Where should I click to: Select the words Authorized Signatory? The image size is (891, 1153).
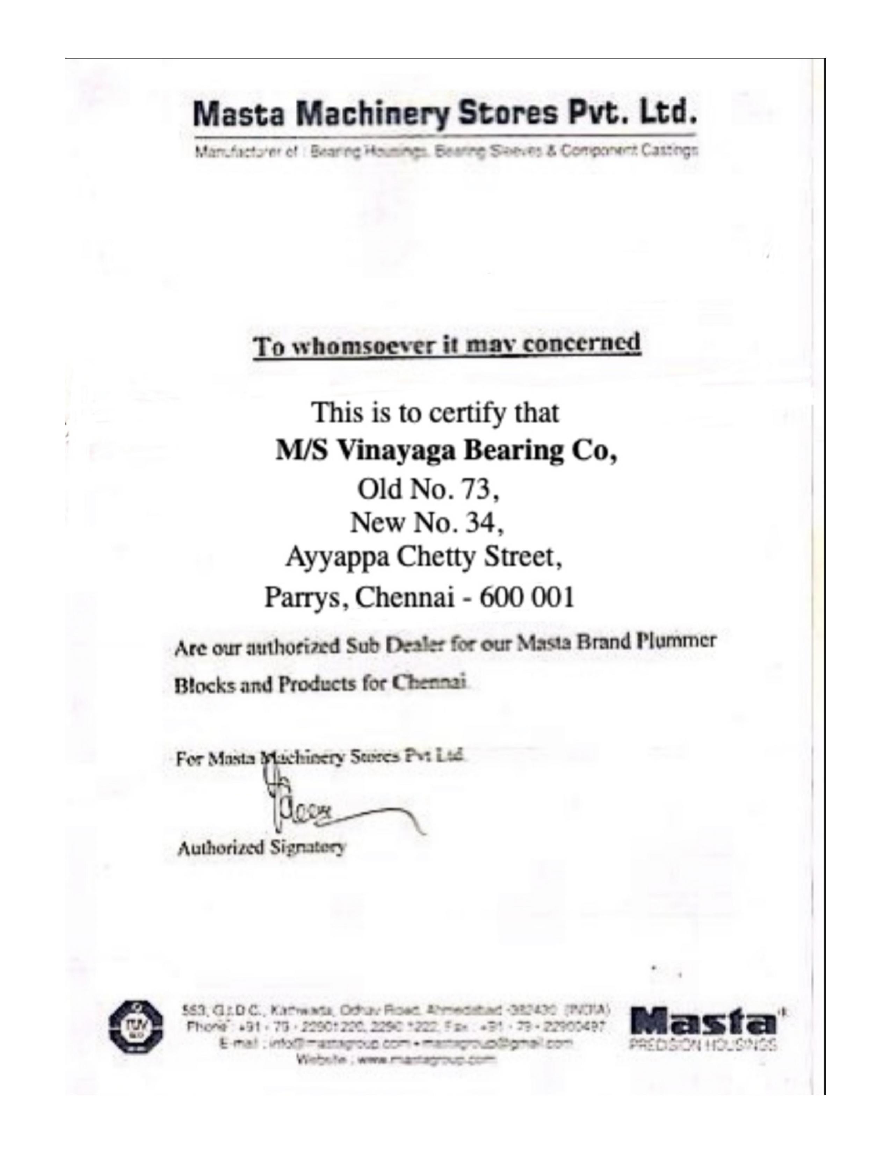click(x=262, y=848)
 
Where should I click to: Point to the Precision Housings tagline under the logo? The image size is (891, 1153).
click(x=703, y=1044)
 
